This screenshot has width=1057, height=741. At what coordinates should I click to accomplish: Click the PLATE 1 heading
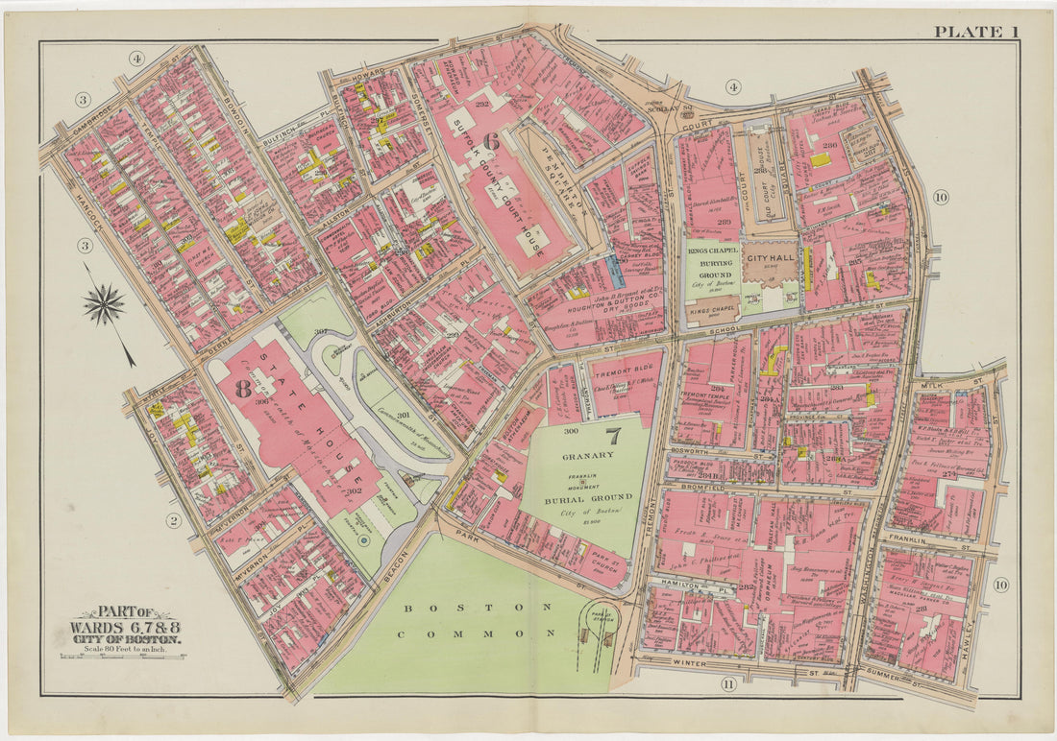pos(976,32)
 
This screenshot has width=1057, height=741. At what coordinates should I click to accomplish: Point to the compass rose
pos(104,305)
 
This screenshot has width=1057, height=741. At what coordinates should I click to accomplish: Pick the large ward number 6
pos(490,140)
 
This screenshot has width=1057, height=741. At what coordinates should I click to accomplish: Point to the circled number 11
pos(727,683)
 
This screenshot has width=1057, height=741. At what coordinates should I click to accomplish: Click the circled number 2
pos(174,521)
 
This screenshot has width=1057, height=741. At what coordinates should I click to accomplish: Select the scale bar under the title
pos(123,657)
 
